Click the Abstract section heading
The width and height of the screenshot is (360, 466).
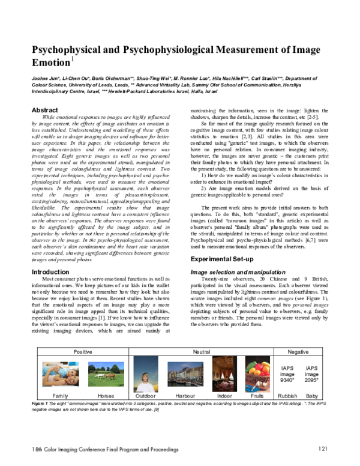[x=45, y=110]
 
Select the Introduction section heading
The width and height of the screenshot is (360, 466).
[x=50, y=272]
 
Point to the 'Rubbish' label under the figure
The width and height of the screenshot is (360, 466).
[x=287, y=396]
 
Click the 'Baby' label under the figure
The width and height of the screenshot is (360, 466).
[x=312, y=396]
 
